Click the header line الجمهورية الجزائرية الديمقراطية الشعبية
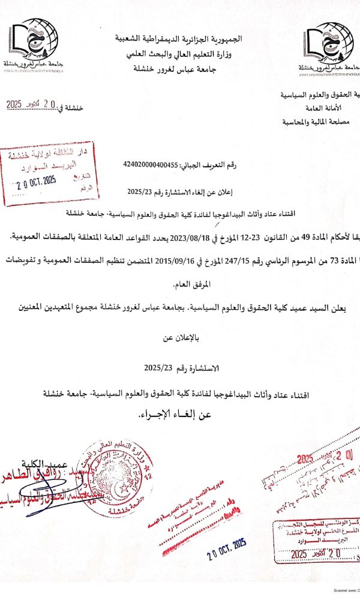[180, 40]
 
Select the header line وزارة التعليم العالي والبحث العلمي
[180, 55]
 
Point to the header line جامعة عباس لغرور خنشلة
[180, 70]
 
